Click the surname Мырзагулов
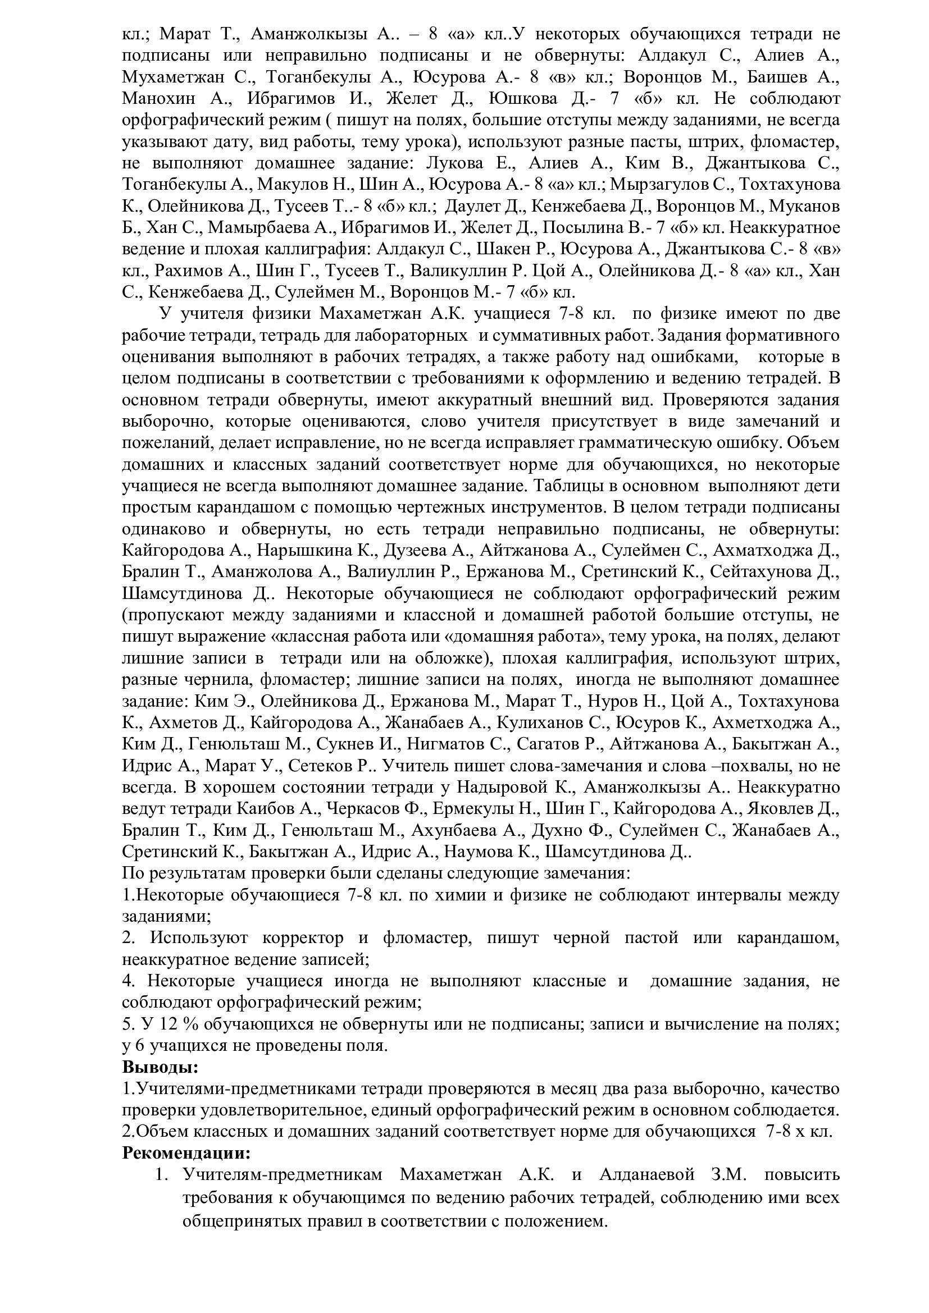(x=668, y=185)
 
